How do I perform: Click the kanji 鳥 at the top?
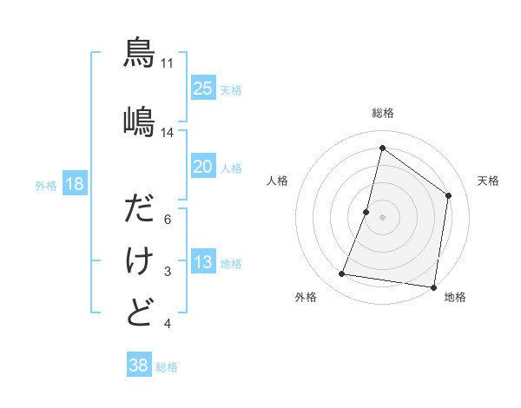click(139, 53)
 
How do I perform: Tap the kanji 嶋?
click(139, 122)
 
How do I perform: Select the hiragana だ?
click(139, 210)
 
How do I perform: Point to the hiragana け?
click(139, 260)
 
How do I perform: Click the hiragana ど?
click(139, 312)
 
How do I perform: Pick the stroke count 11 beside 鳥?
click(168, 63)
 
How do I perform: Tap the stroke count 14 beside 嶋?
click(168, 133)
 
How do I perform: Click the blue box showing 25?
click(202, 89)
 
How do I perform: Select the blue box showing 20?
click(202, 167)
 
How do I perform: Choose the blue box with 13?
click(202, 262)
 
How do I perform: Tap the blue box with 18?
click(74, 184)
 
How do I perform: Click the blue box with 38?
click(139, 365)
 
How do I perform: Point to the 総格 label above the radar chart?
click(382, 113)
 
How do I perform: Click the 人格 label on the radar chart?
click(278, 181)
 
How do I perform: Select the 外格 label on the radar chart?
click(306, 298)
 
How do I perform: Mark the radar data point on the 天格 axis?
click(449, 195)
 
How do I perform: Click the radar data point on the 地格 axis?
click(433, 286)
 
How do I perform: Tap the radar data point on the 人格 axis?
click(366, 212)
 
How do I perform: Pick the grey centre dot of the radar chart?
click(382, 217)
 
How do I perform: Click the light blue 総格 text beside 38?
click(167, 367)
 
